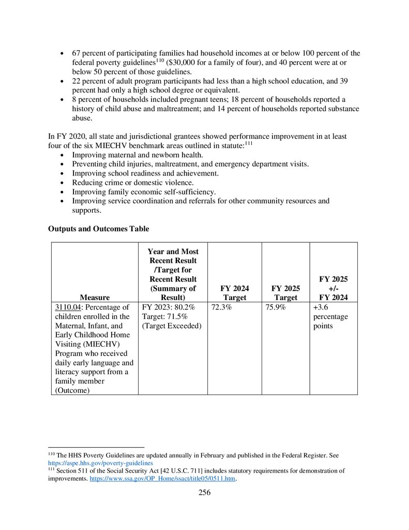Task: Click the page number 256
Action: click(204, 492)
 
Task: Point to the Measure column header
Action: click(95, 298)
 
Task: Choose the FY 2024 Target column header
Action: click(234, 293)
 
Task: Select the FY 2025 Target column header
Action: click(285, 293)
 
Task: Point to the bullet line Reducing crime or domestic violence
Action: click(133, 182)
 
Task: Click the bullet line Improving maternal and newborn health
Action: click(137, 155)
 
